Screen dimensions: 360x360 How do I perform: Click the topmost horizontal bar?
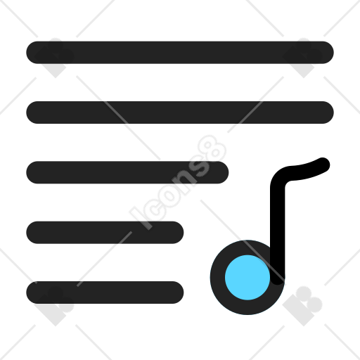(x=180, y=52)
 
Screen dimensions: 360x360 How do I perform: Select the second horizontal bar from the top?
(x=180, y=112)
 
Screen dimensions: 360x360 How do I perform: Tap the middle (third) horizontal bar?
(x=127, y=172)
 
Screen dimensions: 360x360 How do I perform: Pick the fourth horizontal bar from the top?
(x=105, y=232)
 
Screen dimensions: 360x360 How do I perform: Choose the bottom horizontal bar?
(x=105, y=292)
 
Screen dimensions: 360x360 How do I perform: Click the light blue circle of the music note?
(x=247, y=277)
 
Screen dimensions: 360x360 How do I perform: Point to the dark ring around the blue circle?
(x=217, y=277)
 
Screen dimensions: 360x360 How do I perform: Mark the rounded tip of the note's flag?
(x=323, y=165)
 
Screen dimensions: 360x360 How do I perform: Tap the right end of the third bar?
(x=222, y=172)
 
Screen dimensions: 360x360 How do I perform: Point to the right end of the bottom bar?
(x=177, y=292)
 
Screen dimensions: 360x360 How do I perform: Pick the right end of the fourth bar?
(x=177, y=232)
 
